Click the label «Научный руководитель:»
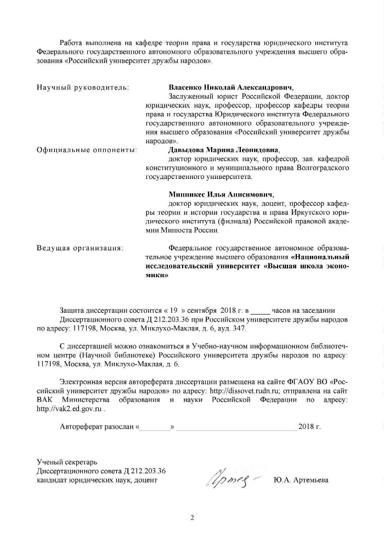point(83,87)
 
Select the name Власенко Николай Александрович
point(231,87)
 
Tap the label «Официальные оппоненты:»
point(87,149)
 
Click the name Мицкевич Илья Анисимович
point(221,194)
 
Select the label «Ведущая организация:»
point(80,248)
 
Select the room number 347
point(240,328)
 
